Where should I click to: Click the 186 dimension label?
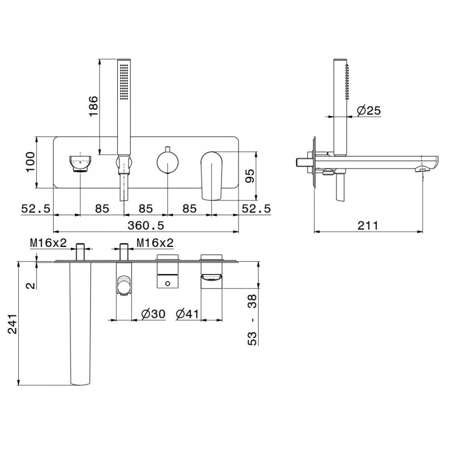tap(93, 106)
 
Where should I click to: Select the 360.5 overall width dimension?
tap(146, 225)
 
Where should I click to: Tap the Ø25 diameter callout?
tap(369, 111)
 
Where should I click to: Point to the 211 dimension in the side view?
tap(368, 225)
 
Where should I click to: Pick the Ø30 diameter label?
tap(154, 314)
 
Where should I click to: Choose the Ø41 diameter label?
tap(188, 314)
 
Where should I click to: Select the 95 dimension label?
tap(250, 176)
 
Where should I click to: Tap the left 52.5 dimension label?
tap(36, 208)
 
